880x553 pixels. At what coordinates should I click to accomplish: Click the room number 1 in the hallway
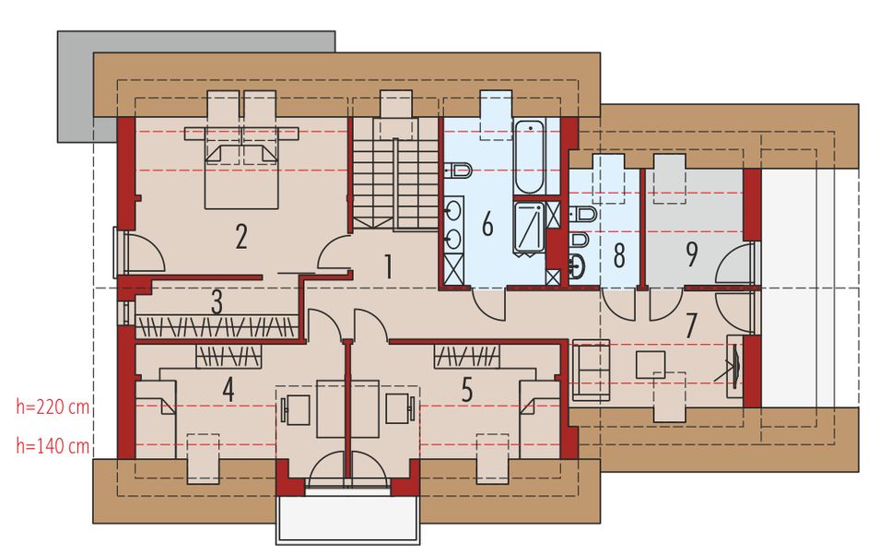pyautogui.click(x=388, y=267)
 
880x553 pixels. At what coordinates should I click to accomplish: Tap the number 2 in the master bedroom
pyautogui.click(x=241, y=237)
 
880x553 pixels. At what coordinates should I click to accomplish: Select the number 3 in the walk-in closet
pyautogui.click(x=217, y=302)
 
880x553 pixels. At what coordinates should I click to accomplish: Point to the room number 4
pyautogui.click(x=227, y=390)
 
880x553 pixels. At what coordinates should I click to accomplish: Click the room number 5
pyautogui.click(x=467, y=390)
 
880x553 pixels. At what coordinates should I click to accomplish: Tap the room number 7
pyautogui.click(x=691, y=325)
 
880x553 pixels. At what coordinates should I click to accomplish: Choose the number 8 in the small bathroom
pyautogui.click(x=619, y=254)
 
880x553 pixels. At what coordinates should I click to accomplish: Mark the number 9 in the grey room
pyautogui.click(x=691, y=254)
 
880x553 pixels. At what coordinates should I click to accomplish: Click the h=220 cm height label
pyautogui.click(x=53, y=406)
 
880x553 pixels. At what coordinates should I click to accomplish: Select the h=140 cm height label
pyautogui.click(x=53, y=447)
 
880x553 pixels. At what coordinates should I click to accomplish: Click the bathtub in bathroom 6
pyautogui.click(x=530, y=157)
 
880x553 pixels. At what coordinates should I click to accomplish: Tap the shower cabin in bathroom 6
pyautogui.click(x=530, y=226)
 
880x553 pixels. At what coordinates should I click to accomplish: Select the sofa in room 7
pyautogui.click(x=590, y=370)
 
